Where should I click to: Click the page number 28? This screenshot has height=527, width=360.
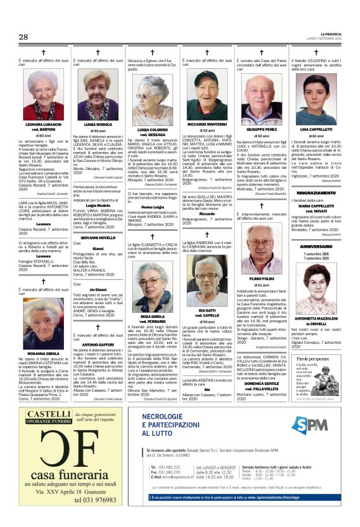(24, 37)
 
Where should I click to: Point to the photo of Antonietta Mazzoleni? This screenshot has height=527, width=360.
(316, 290)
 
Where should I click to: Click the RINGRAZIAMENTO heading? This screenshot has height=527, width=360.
(317, 193)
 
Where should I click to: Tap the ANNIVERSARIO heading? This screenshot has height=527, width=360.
(317, 246)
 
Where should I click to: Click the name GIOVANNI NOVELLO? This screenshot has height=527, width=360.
(98, 238)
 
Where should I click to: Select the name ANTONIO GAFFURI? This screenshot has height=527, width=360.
(98, 345)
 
